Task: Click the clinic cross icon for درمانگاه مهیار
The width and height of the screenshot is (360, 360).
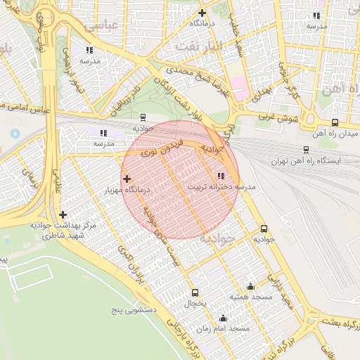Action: click(127, 179)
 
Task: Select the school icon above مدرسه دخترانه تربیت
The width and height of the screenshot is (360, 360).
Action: click(221, 176)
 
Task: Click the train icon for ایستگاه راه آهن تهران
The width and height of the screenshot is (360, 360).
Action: click(305, 150)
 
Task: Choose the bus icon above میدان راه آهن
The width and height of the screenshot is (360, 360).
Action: click(334, 122)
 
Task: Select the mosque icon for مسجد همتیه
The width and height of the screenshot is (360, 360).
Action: click(251, 286)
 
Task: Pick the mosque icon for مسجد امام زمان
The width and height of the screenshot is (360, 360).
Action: click(224, 318)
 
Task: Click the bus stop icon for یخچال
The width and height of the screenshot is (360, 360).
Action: click(195, 293)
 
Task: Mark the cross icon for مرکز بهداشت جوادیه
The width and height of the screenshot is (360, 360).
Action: click(63, 214)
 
